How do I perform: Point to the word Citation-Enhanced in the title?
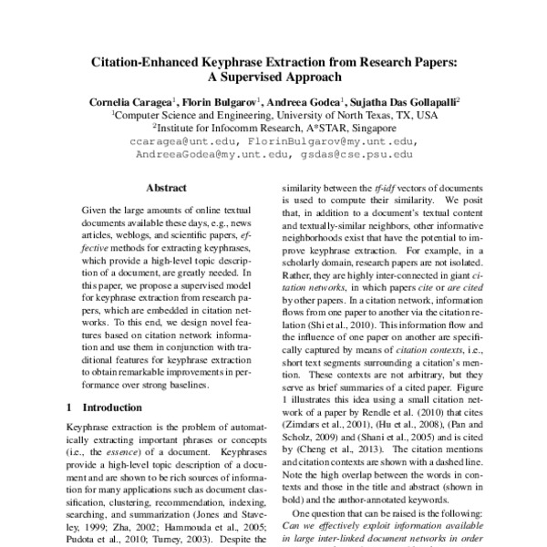point(158,66)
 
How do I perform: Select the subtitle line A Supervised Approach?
point(273,79)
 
